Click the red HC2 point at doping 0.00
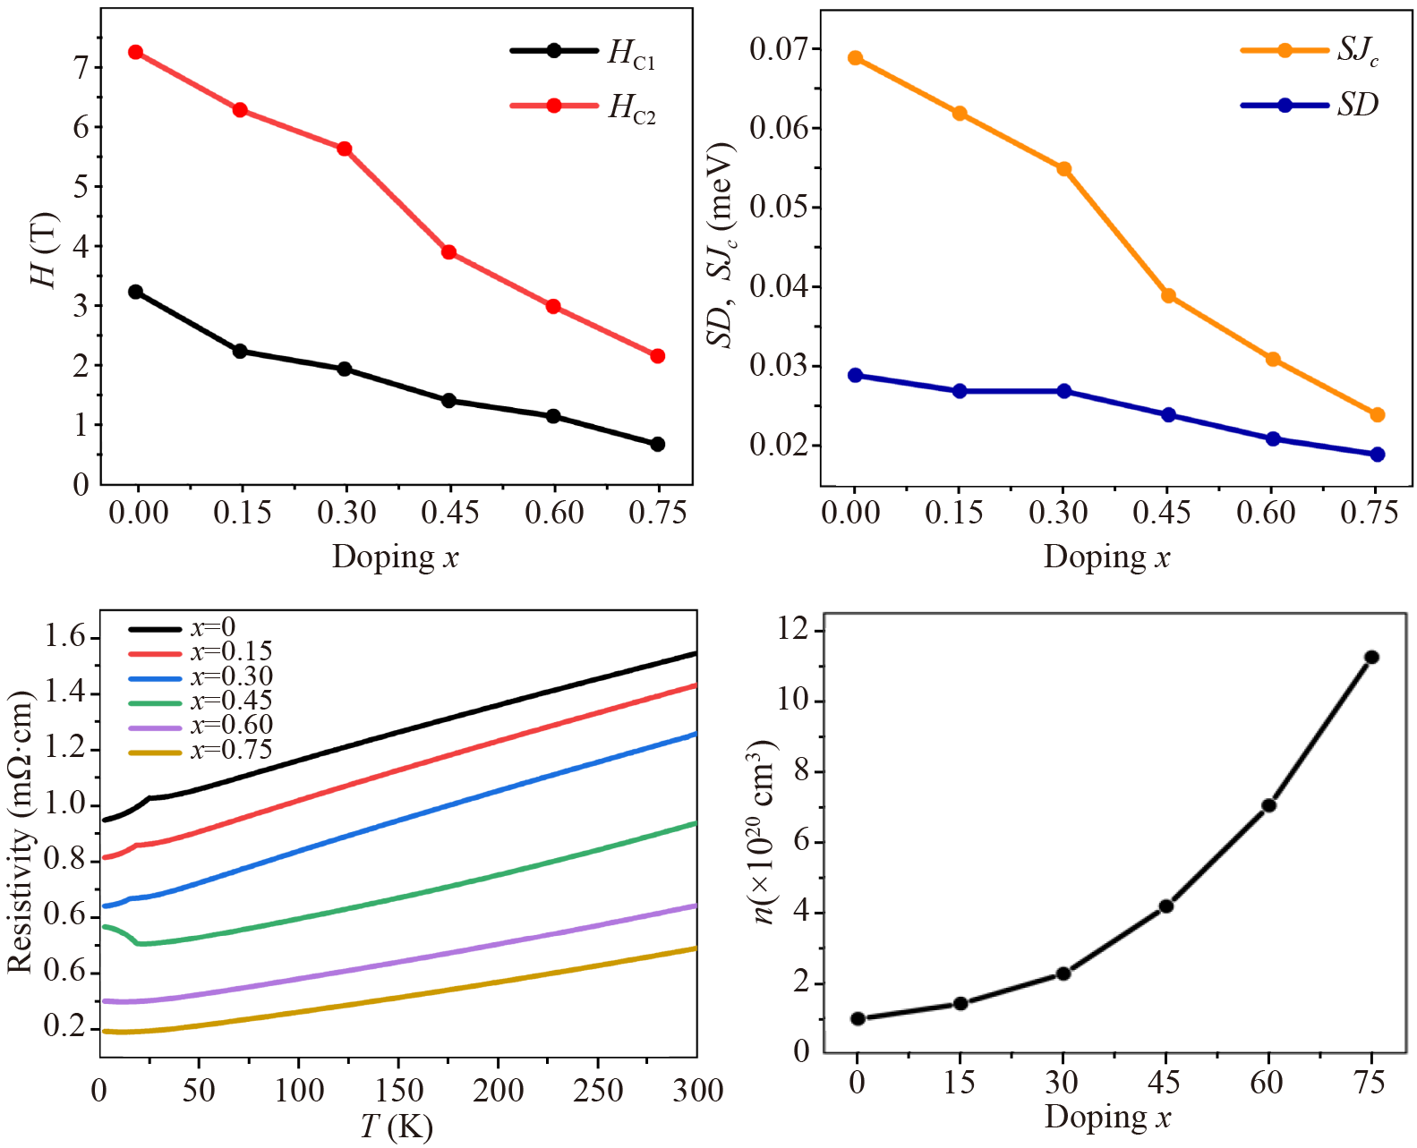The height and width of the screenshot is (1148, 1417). pos(136,52)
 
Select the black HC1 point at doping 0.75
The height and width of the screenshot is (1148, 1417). pos(657,444)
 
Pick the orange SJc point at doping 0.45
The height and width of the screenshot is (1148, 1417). pos(1168,296)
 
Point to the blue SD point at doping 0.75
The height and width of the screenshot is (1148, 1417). pos(1377,455)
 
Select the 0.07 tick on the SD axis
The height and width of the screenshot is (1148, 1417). pos(779,48)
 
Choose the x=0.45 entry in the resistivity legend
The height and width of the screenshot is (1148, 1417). pos(201,701)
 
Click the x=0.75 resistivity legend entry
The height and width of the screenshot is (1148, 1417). pos(201,750)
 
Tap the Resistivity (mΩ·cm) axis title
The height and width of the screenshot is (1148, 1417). pos(20,832)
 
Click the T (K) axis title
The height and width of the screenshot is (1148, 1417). pos(397,1126)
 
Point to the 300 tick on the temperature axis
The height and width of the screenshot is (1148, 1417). pos(696,1090)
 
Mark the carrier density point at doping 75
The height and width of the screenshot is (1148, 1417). pos(1370,658)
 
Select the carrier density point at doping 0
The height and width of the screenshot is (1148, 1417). pos(858,1018)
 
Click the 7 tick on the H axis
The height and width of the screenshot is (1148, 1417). pos(81,67)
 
